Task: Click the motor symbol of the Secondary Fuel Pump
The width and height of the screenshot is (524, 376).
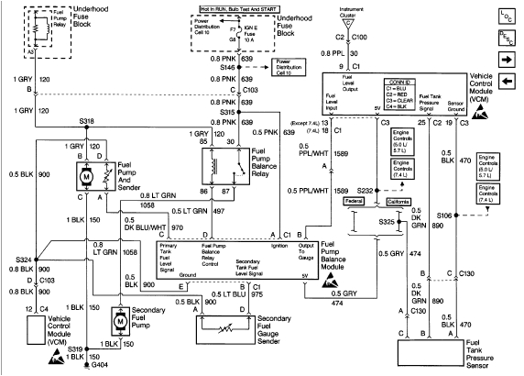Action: click(123, 321)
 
